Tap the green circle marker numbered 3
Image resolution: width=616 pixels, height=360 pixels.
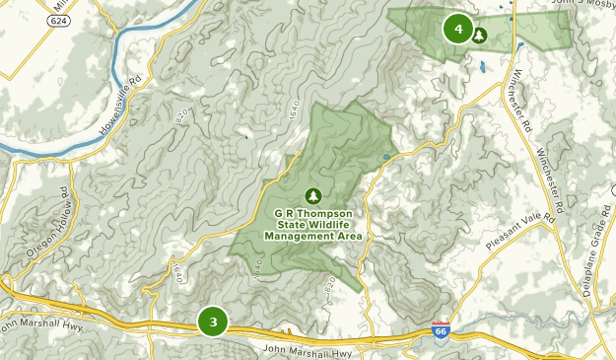[x=213, y=321]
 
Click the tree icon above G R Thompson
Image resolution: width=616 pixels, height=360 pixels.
[x=313, y=195]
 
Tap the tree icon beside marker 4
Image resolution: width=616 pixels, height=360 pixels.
[x=480, y=36]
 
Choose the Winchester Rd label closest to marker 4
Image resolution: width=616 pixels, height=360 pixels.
[x=520, y=102]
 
